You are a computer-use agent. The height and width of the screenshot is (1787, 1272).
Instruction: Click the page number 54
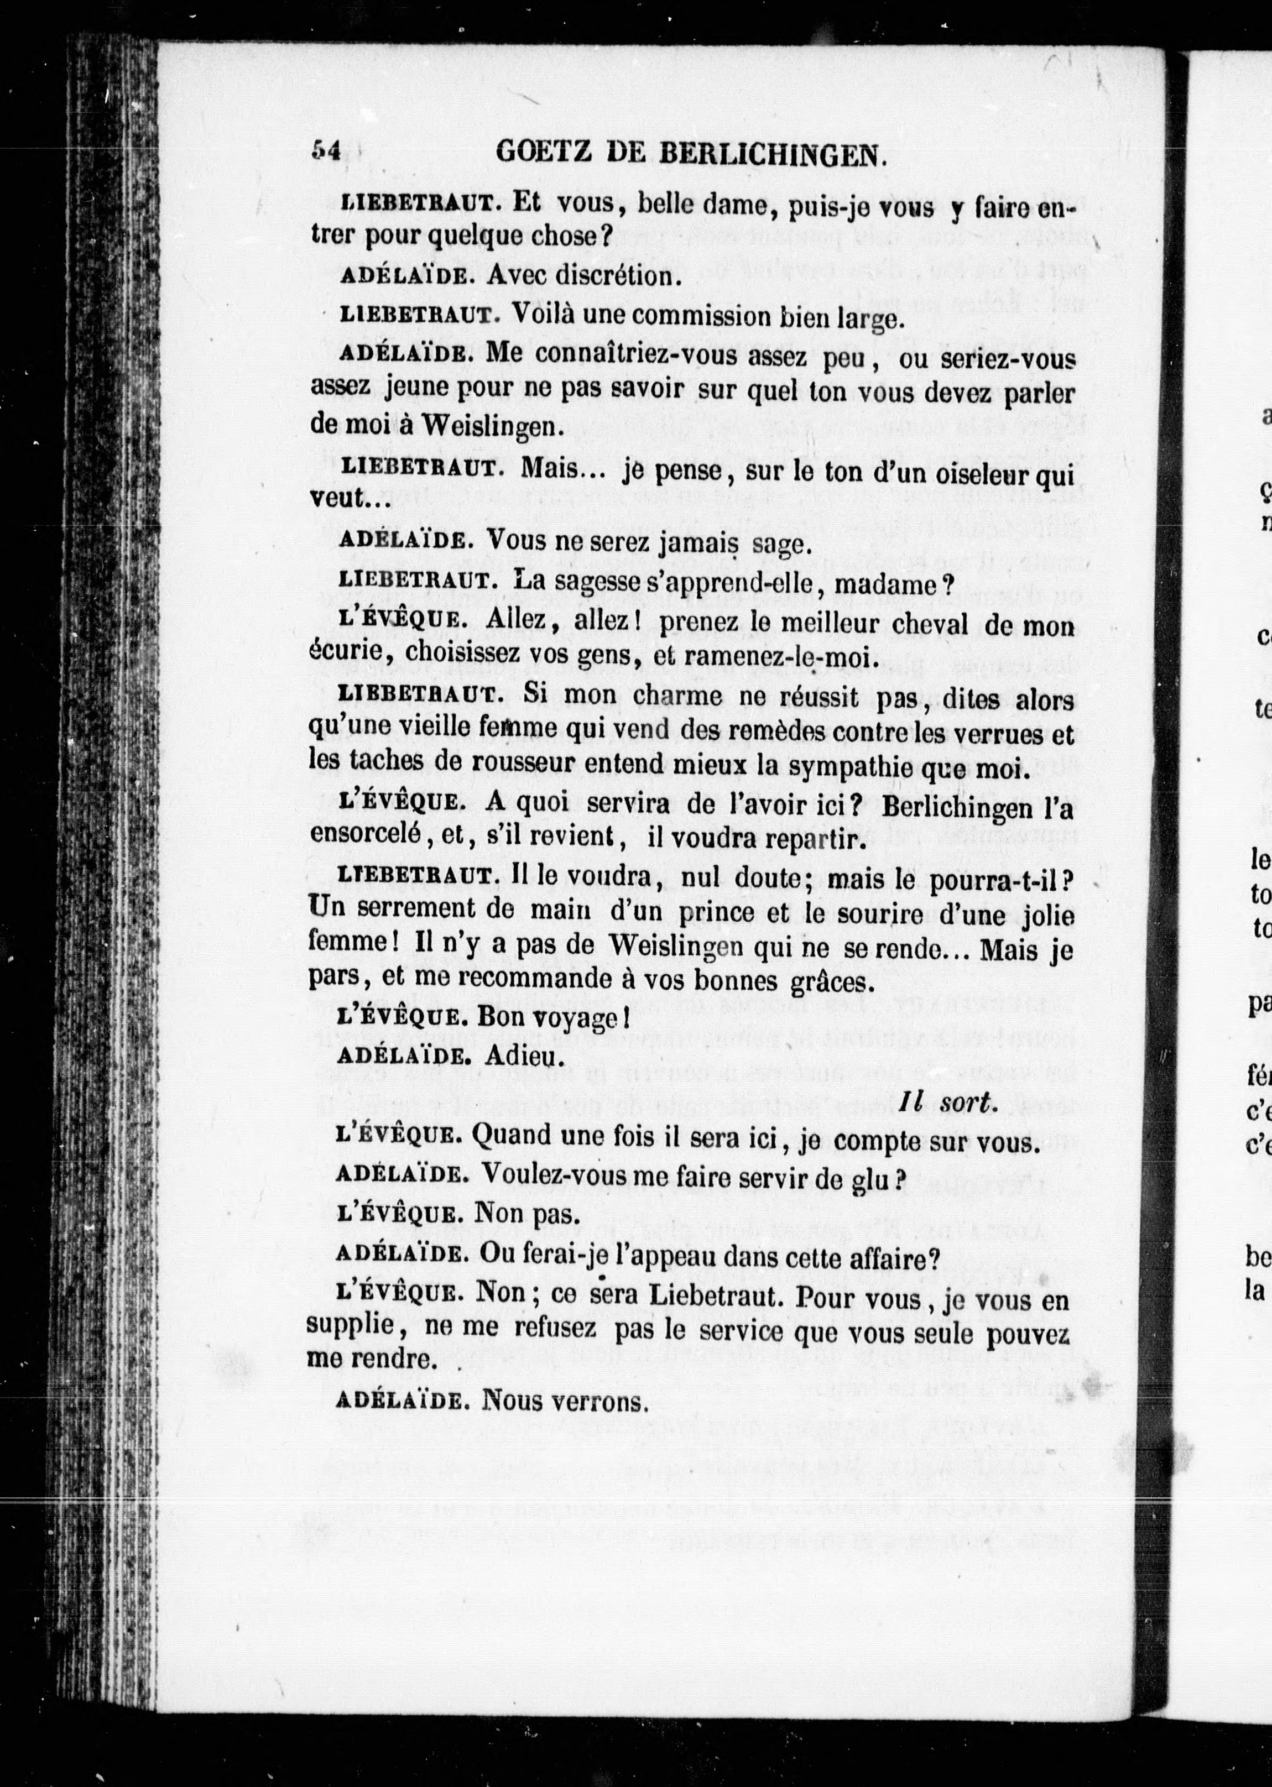[x=325, y=151]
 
